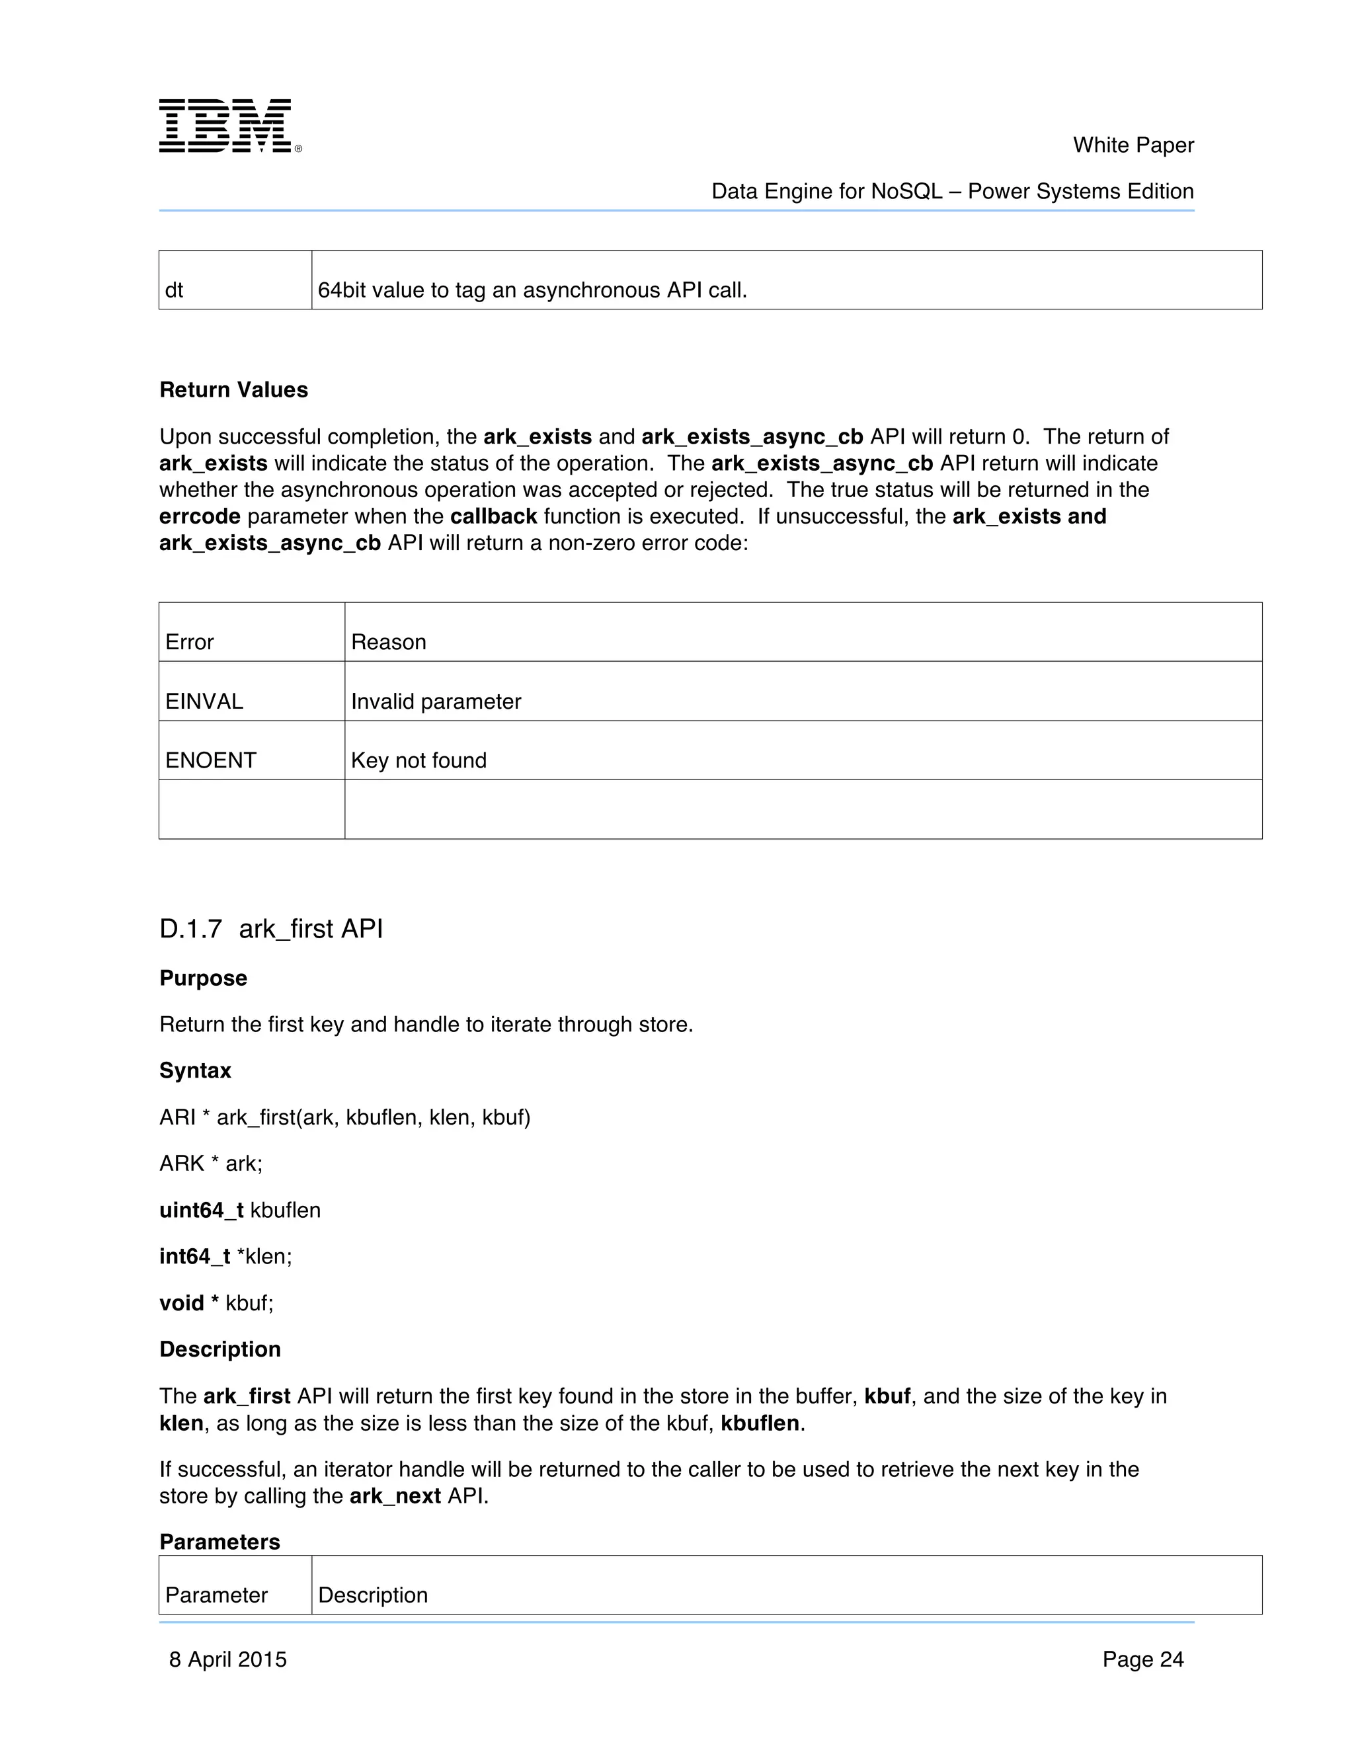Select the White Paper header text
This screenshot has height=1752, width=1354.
pos(1133,145)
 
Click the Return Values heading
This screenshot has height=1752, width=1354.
pos(233,390)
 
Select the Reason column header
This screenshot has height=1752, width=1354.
pos(388,642)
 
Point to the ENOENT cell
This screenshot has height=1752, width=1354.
pos(210,760)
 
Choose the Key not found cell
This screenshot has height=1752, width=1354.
pos(418,760)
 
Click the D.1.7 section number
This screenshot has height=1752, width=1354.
pos(190,929)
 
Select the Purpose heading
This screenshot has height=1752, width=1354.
pos(203,978)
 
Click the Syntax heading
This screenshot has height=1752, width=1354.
pos(195,1070)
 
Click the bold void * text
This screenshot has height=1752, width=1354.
pos(188,1303)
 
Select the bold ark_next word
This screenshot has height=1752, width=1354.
pos(395,1496)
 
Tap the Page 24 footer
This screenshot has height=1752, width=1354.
pos(1142,1659)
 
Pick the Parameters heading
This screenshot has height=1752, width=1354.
pos(219,1542)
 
